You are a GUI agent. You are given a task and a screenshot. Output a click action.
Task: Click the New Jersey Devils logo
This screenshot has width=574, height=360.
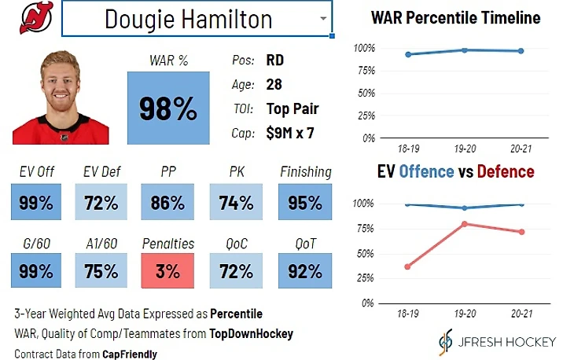pyautogui.click(x=33, y=18)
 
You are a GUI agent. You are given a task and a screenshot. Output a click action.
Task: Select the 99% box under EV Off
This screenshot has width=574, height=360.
pyautogui.click(x=35, y=203)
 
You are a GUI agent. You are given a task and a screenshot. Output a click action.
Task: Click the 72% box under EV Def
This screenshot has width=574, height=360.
pyautogui.click(x=101, y=203)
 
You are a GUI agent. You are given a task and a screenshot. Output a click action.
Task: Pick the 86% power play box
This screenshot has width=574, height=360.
pyautogui.click(x=167, y=203)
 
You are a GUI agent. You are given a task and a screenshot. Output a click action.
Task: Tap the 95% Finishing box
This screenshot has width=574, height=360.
pyautogui.click(x=304, y=203)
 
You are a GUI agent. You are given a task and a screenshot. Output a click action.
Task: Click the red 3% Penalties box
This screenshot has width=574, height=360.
pyautogui.click(x=167, y=271)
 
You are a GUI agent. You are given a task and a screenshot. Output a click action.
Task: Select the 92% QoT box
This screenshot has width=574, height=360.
pyautogui.click(x=304, y=271)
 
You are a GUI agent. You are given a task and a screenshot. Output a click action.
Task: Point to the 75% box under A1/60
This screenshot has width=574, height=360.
pyautogui.click(x=101, y=271)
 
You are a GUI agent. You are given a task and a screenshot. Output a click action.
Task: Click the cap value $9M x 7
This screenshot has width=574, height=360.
pyautogui.click(x=290, y=133)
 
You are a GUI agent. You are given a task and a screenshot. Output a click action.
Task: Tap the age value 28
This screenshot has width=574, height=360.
pyautogui.click(x=274, y=84)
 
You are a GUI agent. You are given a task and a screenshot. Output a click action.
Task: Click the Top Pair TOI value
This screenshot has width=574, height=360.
pyautogui.click(x=292, y=108)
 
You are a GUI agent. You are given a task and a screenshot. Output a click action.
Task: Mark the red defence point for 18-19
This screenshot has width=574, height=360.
pyautogui.click(x=407, y=266)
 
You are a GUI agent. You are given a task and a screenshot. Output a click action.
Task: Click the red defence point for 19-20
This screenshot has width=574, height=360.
pyautogui.click(x=465, y=224)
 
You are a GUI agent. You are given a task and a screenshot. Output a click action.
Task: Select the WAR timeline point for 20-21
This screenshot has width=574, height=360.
pyautogui.click(x=521, y=51)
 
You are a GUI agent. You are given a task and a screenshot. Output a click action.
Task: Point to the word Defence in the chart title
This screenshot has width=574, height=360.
pyautogui.click(x=505, y=171)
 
